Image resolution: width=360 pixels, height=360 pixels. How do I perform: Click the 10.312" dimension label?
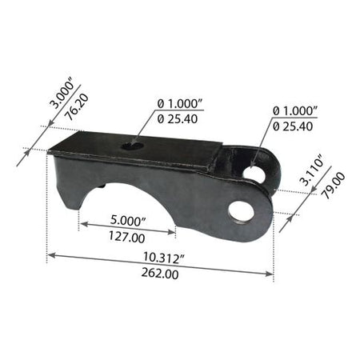(x=164, y=258)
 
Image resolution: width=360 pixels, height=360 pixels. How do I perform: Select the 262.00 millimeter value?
(x=160, y=274)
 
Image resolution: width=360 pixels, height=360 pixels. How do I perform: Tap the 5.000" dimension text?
(x=128, y=221)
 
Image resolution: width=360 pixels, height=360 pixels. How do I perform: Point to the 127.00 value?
(x=127, y=237)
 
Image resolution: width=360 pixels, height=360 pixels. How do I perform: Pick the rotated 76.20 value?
(x=77, y=107)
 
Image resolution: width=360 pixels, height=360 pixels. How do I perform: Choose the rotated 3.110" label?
(x=312, y=171)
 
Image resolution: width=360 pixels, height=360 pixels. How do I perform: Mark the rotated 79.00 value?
(x=334, y=186)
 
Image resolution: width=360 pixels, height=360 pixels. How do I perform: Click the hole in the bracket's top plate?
(x=132, y=146)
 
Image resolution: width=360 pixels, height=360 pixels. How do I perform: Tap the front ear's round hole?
(x=241, y=213)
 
